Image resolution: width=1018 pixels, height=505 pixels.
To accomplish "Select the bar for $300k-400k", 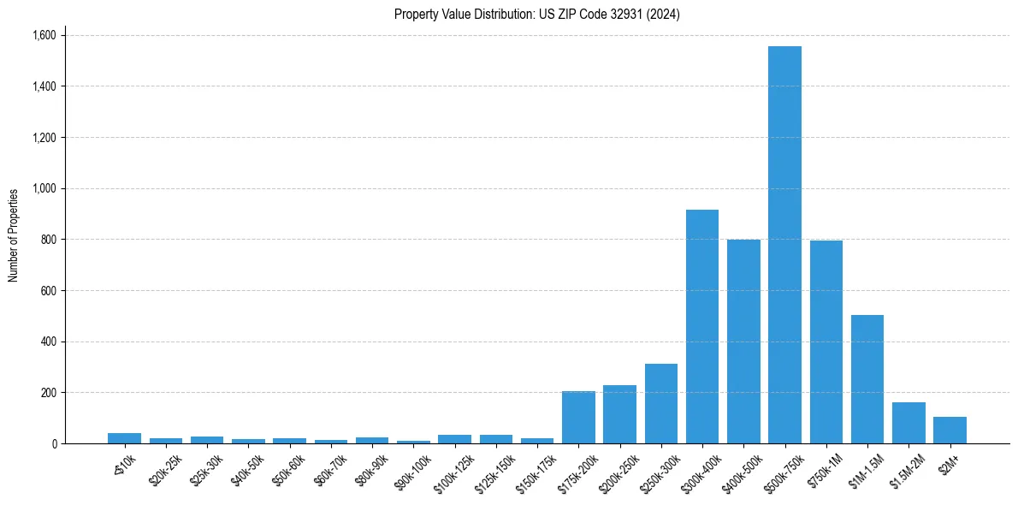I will tap(702, 326).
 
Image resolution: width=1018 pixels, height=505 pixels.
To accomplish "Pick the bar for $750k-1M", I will tap(826, 342).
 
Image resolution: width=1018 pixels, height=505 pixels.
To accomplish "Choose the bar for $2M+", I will tap(950, 430).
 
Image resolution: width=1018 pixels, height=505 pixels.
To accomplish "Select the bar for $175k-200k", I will tap(578, 417).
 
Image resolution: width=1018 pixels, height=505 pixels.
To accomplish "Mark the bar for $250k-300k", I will tap(661, 403).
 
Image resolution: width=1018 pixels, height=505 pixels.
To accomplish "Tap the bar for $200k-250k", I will tap(619, 414).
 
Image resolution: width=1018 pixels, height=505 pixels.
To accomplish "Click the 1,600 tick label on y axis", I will tap(44, 35).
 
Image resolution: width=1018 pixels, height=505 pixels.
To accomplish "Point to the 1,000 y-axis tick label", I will tap(44, 188).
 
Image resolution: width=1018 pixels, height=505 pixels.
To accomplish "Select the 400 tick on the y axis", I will tap(49, 342).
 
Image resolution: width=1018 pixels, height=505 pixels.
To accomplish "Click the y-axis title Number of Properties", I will tap(14, 235).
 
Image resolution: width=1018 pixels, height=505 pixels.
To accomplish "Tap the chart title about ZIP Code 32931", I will tap(537, 15).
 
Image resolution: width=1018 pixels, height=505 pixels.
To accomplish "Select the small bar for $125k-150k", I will tap(496, 439).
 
